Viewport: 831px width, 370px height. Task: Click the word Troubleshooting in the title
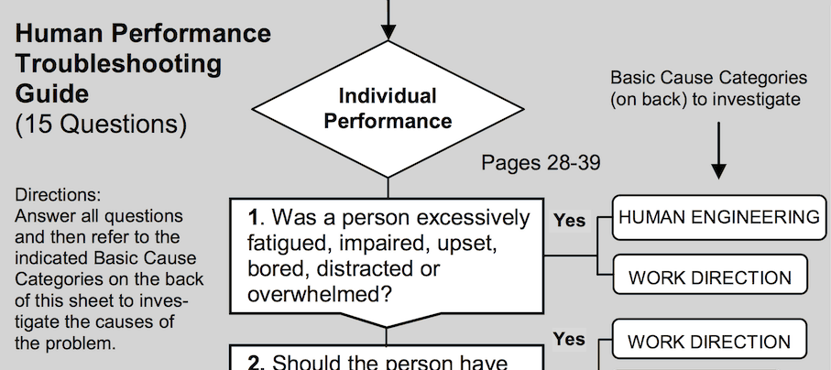pyautogui.click(x=118, y=64)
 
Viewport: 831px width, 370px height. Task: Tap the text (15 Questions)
pyautogui.click(x=101, y=124)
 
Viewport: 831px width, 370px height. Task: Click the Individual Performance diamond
pyautogui.click(x=388, y=108)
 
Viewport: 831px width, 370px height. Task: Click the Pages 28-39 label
pyautogui.click(x=541, y=164)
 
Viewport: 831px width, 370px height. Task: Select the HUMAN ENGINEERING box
pyautogui.click(x=717, y=218)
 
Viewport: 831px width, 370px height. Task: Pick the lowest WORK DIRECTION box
pyautogui.click(x=709, y=343)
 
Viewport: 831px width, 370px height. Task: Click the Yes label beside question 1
pyautogui.click(x=569, y=220)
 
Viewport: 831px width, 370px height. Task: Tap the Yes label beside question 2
pyautogui.click(x=569, y=339)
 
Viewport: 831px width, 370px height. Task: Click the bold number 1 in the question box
pyautogui.click(x=254, y=218)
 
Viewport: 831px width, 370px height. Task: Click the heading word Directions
pyautogui.click(x=58, y=196)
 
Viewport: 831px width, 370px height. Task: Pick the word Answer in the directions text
pyautogui.click(x=42, y=217)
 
